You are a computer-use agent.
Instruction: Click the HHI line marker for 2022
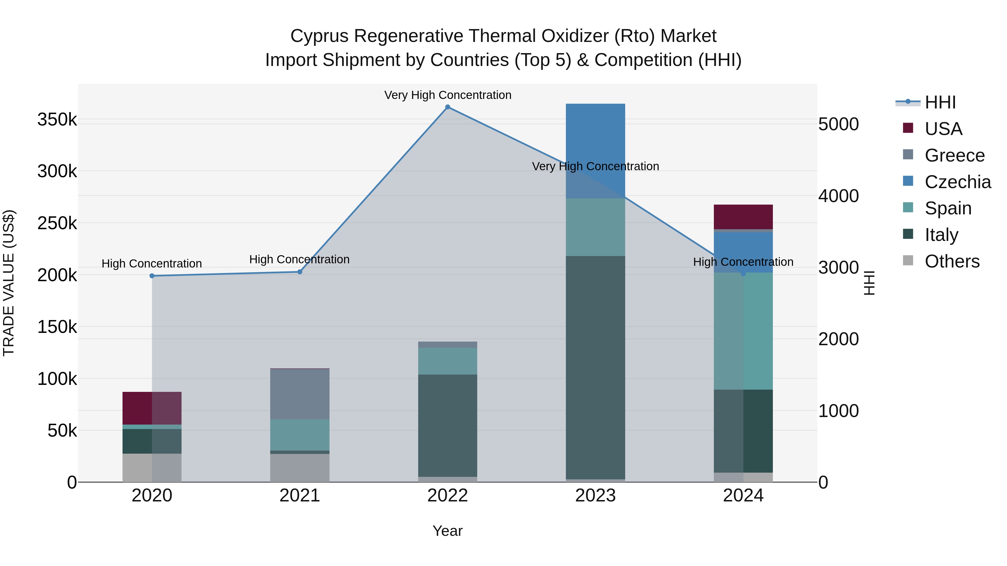[448, 107]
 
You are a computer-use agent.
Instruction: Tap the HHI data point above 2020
[152, 276]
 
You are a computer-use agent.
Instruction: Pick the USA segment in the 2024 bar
[743, 217]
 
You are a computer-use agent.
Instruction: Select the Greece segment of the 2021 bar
[300, 394]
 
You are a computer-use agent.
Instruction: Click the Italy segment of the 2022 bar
[448, 426]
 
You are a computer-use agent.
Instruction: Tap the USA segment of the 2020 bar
[152, 408]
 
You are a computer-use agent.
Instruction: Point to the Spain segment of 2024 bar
[743, 331]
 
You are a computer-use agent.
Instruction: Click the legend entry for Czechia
[957, 182]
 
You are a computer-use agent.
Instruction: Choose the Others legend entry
[952, 261]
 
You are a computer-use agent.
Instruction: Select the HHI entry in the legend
[940, 102]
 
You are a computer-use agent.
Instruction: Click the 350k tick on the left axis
[57, 120]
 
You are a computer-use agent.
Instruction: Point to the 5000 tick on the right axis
[839, 124]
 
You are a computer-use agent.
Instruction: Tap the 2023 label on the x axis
[595, 496]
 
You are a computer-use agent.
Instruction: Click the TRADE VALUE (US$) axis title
[9, 283]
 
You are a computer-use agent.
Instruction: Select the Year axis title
[448, 531]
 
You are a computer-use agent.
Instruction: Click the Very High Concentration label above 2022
[448, 95]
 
